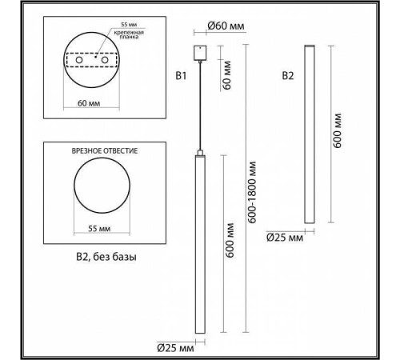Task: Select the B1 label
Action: click(x=181, y=77)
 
